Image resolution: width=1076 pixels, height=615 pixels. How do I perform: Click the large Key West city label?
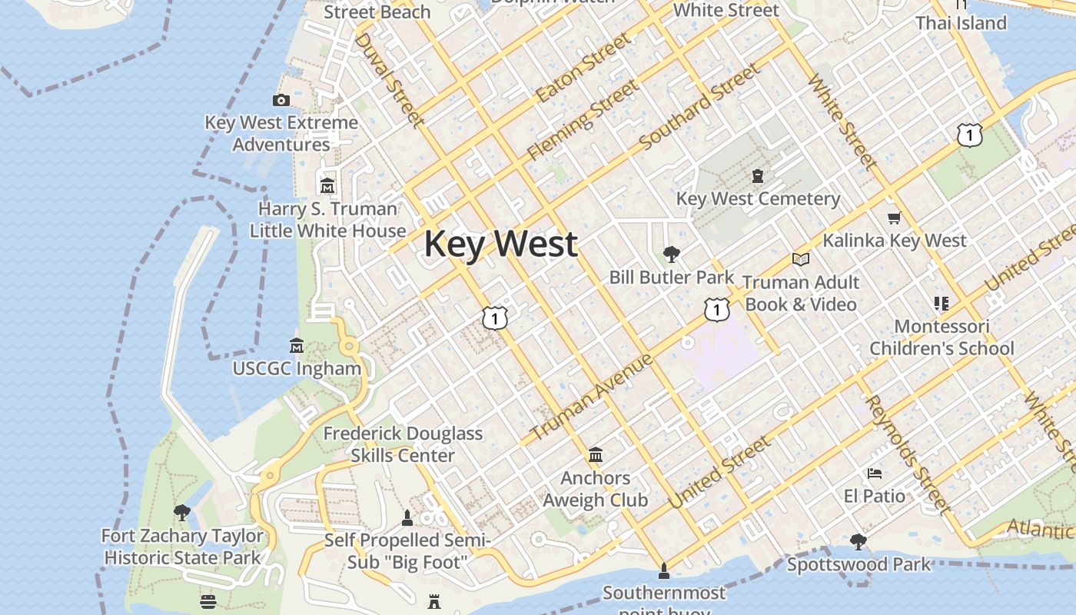(500, 244)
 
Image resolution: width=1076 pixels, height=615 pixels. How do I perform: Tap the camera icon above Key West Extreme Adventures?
(281, 100)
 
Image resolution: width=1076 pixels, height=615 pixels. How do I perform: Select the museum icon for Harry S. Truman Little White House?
(327, 186)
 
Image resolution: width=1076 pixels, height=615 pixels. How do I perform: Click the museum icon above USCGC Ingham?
(297, 346)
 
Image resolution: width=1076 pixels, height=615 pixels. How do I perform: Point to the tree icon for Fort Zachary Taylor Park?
(182, 513)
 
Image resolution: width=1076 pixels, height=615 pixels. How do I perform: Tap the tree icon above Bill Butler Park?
(672, 254)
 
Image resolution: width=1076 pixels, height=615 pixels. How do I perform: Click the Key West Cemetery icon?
(758, 176)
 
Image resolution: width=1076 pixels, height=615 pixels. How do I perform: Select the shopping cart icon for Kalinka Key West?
(894, 218)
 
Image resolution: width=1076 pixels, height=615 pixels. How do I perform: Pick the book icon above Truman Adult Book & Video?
(801, 260)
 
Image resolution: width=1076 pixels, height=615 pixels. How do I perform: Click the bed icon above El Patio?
(874, 473)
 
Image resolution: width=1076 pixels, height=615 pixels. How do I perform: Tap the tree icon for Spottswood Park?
(858, 542)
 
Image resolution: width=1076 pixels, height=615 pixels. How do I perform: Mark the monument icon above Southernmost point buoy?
(664, 570)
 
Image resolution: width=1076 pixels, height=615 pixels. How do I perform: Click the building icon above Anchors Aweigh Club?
(595, 455)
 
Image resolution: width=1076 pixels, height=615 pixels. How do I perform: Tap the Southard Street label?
(699, 108)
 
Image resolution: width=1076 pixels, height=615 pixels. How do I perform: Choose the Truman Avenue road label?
(592, 397)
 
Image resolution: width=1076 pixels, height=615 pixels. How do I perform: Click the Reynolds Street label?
(907, 454)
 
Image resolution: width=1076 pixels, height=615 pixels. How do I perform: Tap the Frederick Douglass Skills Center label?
(403, 444)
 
